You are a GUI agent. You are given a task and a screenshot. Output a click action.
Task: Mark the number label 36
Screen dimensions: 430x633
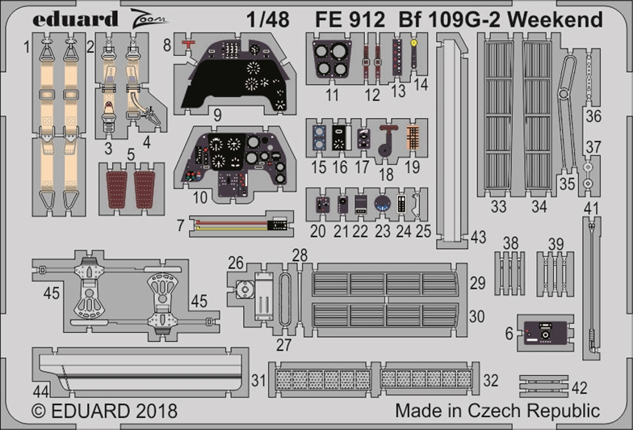593,116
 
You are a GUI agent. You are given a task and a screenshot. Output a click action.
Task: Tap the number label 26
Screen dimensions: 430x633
235,263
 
